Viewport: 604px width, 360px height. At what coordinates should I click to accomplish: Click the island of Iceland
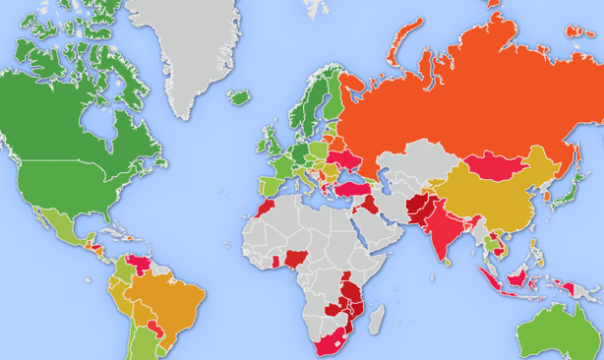tap(239, 97)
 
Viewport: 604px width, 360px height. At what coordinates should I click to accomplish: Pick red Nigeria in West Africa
tap(293, 260)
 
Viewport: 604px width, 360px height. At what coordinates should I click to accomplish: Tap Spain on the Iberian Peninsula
tap(268, 184)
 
